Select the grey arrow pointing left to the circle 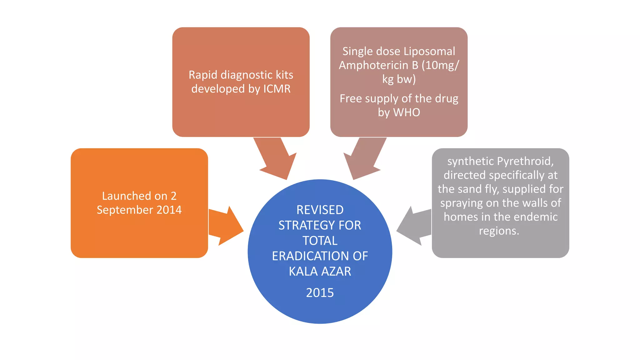coord(414,226)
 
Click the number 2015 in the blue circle coord(320,293)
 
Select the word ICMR coord(277,89)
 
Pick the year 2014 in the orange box coord(169,210)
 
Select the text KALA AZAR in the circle coord(320,271)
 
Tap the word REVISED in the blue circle coord(320,210)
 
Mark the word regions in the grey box coord(499,231)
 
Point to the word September coord(125,210)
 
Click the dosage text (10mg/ coord(440,65)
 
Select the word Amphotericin coord(374,65)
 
